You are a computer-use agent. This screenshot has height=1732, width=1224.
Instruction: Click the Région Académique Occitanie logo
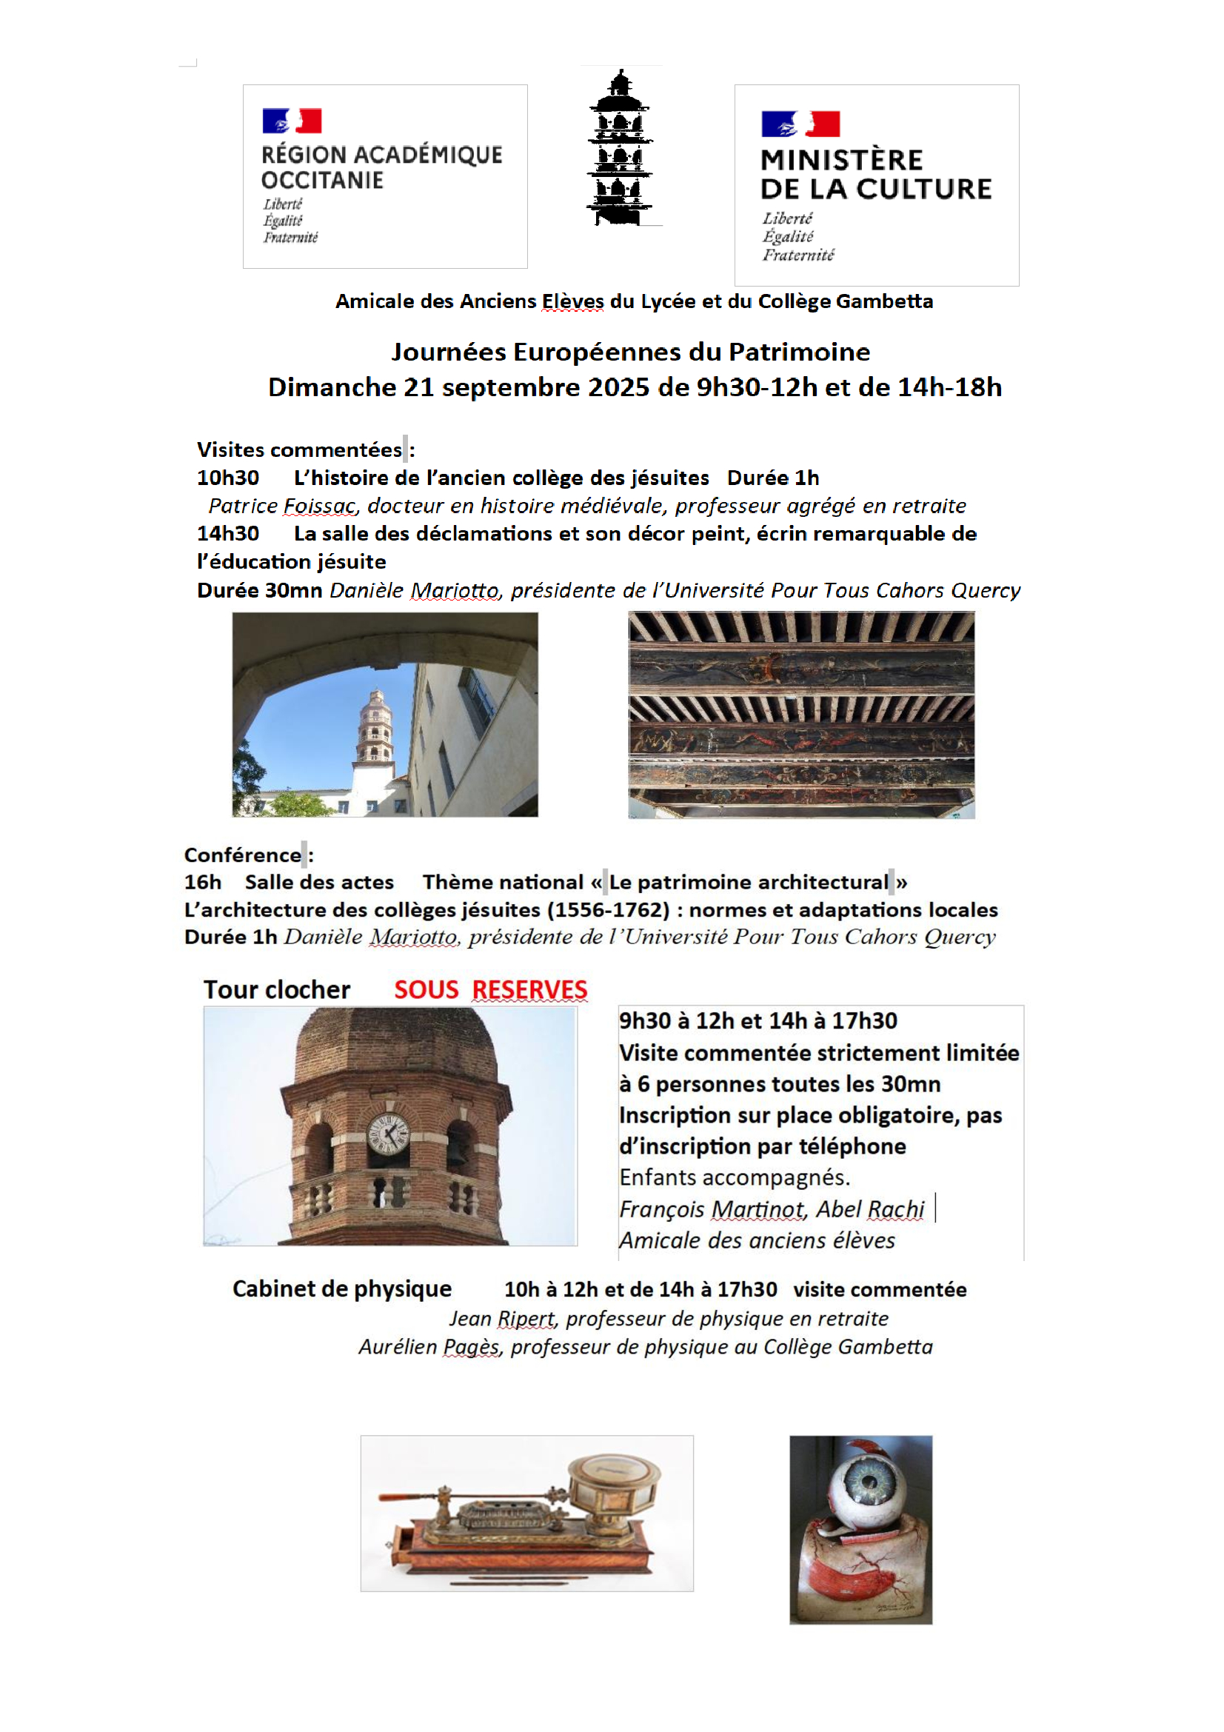384,176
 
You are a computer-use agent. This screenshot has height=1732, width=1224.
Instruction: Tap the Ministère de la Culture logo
876,185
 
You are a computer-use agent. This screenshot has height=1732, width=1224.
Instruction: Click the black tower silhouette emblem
620,148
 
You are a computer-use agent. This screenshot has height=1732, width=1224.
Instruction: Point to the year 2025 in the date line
618,387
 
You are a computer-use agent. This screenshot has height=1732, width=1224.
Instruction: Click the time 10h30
228,478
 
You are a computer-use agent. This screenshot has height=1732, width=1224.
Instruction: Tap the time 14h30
228,533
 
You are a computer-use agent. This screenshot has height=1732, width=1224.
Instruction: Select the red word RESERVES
529,990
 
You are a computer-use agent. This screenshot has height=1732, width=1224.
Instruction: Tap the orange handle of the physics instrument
407,1495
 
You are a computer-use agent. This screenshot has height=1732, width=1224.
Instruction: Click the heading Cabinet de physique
341,1288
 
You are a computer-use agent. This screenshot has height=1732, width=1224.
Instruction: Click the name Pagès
471,1346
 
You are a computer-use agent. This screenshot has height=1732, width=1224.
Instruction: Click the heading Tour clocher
277,990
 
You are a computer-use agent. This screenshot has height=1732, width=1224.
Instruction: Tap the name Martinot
758,1209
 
